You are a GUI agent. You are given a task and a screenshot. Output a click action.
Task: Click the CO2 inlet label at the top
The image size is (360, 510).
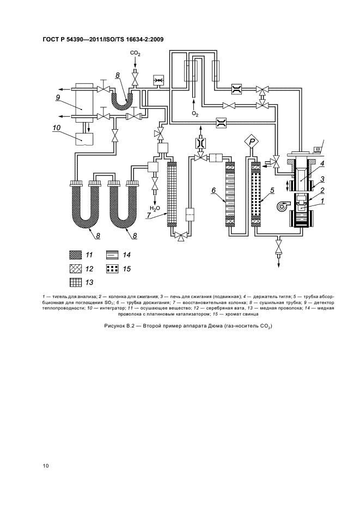(x=135, y=53)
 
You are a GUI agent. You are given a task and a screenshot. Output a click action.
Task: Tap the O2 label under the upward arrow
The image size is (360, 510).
(x=195, y=114)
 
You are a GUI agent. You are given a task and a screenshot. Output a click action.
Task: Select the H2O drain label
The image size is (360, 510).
(x=155, y=209)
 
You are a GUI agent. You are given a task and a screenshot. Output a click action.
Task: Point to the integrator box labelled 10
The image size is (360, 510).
(x=84, y=139)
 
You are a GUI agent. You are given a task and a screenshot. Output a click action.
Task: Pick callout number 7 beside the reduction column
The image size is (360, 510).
(x=148, y=216)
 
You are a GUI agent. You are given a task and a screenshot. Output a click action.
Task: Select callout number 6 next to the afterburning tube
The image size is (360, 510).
(x=213, y=191)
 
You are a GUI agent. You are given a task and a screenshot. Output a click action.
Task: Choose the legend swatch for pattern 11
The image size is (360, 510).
(x=76, y=255)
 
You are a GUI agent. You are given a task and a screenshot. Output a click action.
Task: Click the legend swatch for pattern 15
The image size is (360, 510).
(x=112, y=269)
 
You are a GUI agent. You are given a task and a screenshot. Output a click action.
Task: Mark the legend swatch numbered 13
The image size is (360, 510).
(x=76, y=282)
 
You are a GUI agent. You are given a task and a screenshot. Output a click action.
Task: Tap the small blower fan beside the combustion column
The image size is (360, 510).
(x=281, y=205)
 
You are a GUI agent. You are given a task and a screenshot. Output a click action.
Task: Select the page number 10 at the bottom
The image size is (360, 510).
(x=46, y=466)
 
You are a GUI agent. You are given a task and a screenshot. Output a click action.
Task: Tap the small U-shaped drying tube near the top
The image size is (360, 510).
(x=121, y=101)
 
